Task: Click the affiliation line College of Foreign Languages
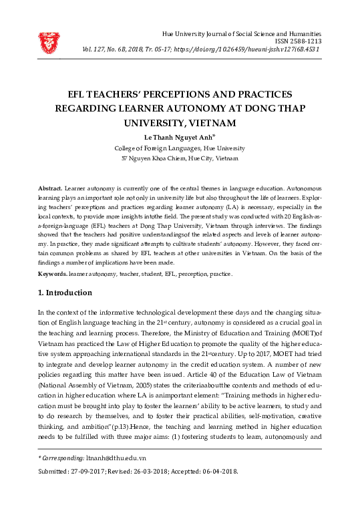(180, 148)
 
